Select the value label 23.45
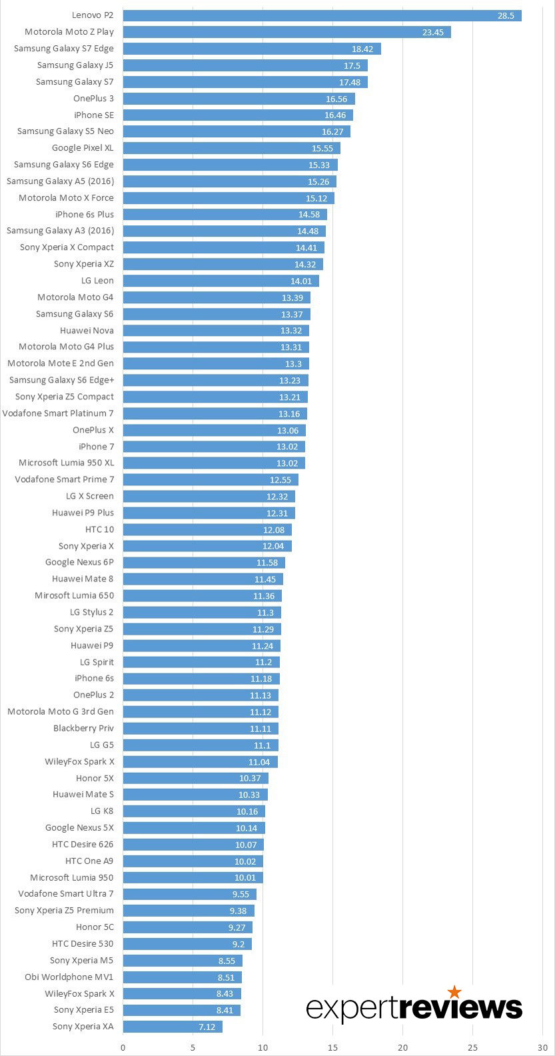point(432,32)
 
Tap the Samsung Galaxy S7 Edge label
point(64,49)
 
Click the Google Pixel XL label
point(83,148)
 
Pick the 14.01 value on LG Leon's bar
point(301,281)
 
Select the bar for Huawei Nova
point(216,331)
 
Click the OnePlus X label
point(93,430)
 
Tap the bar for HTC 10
point(207,529)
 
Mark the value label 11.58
point(266,563)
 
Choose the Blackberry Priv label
point(83,729)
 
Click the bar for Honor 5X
point(196,778)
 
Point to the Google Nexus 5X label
point(79,828)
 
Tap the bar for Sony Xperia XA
point(173,1027)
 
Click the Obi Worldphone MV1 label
point(69,977)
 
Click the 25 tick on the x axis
point(472,1047)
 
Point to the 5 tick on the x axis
point(193,1047)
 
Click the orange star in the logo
point(454,993)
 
